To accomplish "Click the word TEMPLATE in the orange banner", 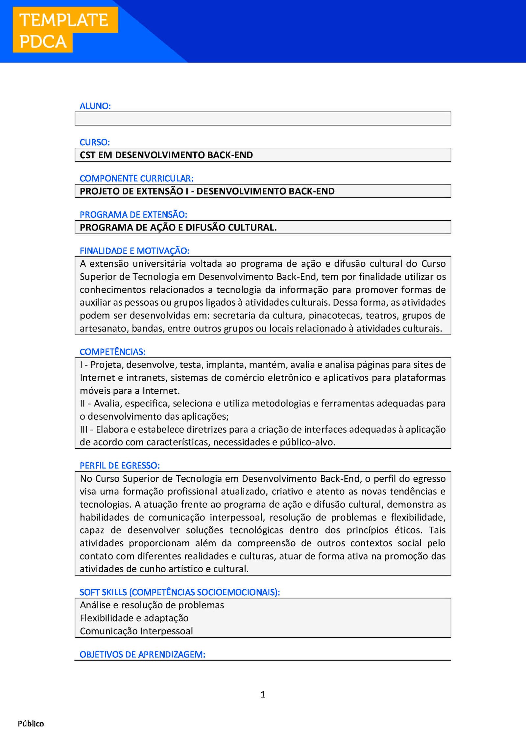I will [64, 20].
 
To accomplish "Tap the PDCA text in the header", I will [43, 42].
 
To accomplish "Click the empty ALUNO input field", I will [263, 119].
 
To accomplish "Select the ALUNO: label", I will [95, 106].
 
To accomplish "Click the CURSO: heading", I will [95, 142].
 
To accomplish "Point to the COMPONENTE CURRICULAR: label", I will [136, 179].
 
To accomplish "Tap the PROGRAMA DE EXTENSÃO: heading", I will [133, 215].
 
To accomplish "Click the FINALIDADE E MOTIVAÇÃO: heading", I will [134, 251].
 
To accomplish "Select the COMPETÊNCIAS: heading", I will [112, 352].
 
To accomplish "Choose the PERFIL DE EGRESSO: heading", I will [120, 466].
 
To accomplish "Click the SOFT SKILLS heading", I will [179, 592].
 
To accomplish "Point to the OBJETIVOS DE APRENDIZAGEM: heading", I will [142, 655].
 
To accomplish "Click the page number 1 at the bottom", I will [263, 694].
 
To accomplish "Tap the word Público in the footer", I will [31, 724].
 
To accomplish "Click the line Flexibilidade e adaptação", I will [134, 618].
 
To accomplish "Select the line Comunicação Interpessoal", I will [136, 631].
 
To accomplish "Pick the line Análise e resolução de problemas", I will [152, 605].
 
